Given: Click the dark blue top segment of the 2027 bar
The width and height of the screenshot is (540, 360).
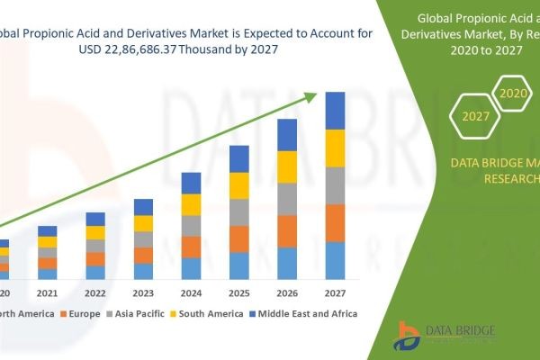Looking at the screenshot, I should pyautogui.click(x=335, y=111).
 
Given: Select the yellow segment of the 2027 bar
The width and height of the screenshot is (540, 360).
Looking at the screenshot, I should pyautogui.click(x=335, y=148).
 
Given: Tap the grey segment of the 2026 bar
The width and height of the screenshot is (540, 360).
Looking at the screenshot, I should pyautogui.click(x=287, y=199).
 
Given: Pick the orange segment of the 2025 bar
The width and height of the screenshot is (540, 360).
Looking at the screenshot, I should pyautogui.click(x=238, y=238).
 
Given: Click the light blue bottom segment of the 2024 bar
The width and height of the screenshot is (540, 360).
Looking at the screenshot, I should pyautogui.click(x=191, y=268).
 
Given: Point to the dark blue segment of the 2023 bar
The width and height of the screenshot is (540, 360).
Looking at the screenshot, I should pyautogui.click(x=143, y=207).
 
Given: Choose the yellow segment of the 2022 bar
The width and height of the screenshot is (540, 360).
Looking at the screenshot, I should pyautogui.click(x=95, y=232).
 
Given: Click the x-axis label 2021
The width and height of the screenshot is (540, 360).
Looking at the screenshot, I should pyautogui.click(x=47, y=293).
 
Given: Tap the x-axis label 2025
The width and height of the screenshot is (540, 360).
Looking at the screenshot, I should pyautogui.click(x=238, y=293).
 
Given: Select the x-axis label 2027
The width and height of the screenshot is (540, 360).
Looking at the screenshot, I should pyautogui.click(x=335, y=293).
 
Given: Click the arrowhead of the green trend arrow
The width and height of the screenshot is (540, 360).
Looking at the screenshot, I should pyautogui.click(x=314, y=94).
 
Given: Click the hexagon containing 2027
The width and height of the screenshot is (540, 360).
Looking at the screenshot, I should pyautogui.click(x=476, y=117).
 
